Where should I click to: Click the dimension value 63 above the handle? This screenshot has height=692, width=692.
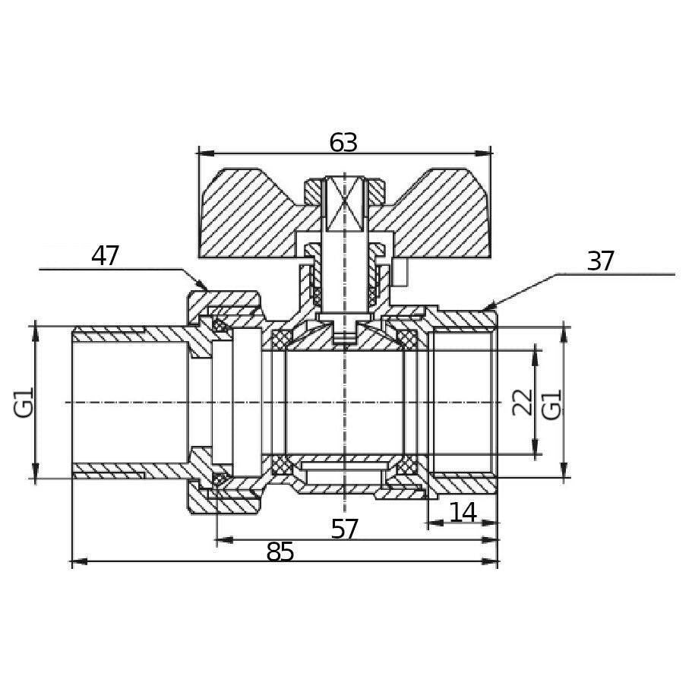click(343, 142)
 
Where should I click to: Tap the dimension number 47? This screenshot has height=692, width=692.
click(105, 256)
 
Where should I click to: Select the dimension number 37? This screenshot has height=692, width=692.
click(600, 261)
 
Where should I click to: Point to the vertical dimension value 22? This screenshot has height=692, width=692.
click(523, 402)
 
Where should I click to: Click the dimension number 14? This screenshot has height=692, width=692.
click(463, 513)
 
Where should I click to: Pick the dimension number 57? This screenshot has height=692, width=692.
click(344, 529)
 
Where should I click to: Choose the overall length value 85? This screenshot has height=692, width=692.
click(280, 551)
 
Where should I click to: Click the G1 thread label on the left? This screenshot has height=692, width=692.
click(24, 402)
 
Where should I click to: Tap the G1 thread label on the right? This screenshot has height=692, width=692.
click(551, 404)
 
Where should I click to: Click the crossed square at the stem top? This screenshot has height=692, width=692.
click(344, 203)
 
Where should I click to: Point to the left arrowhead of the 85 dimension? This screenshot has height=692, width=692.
click(78, 562)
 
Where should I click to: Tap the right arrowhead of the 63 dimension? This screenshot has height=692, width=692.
click(484, 153)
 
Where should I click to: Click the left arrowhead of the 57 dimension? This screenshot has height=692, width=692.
click(223, 539)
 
